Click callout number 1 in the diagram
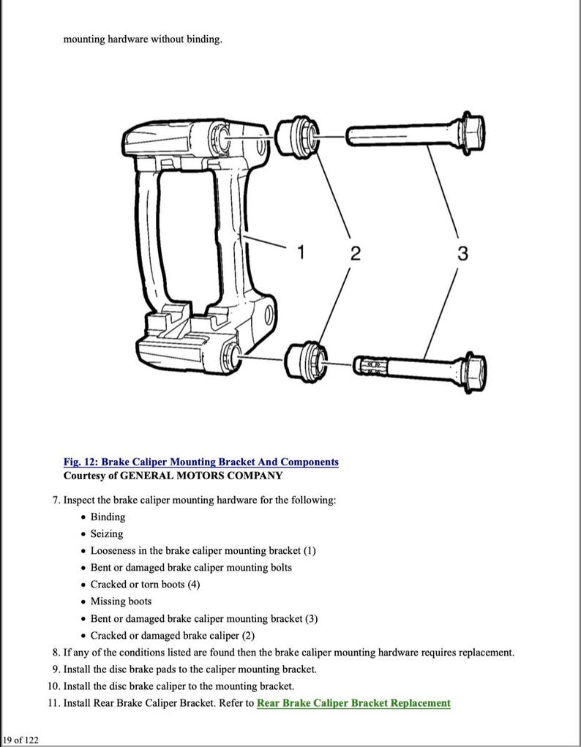300,253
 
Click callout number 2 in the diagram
355,254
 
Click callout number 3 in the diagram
462,253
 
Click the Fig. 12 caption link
200,462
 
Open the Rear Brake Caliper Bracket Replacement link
353,703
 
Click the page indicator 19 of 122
20,740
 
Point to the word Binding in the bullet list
108,517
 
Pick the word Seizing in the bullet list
107,533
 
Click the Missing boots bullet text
121,601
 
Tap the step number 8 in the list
56,652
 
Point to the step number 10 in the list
53,686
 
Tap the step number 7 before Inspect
56,500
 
